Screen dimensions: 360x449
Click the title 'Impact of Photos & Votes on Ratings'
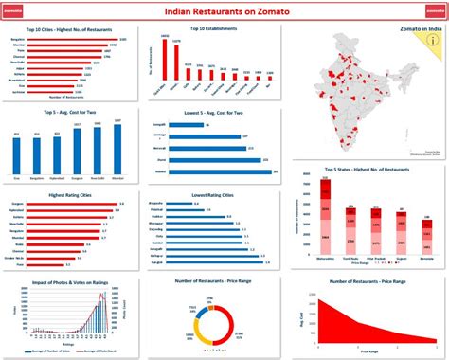(67, 280)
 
